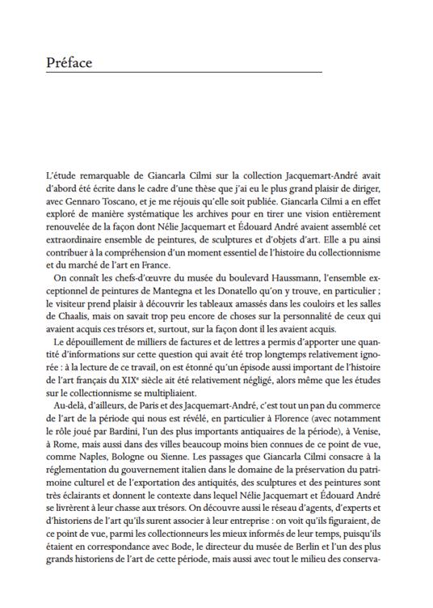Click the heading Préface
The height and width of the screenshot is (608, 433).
click(x=69, y=62)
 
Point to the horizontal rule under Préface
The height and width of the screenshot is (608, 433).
click(x=183, y=74)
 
